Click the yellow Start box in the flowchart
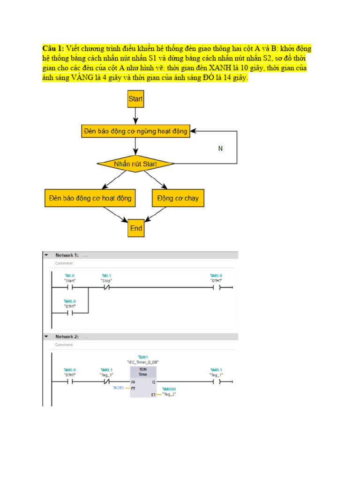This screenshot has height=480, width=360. pos(135,99)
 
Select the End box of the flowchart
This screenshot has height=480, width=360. pos(136,228)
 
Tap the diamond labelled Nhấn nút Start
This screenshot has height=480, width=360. pos(135,164)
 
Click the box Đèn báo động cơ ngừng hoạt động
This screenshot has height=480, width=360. pos(135,131)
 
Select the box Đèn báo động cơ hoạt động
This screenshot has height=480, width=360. pos(90,198)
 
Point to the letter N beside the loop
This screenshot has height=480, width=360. pos(220,148)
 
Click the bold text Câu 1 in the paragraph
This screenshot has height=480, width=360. pos(53,49)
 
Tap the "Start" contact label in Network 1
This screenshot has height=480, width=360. pos(69,280)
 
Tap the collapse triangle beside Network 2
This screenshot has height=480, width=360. pos(46,337)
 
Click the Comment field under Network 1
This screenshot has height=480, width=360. pos(64,263)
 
